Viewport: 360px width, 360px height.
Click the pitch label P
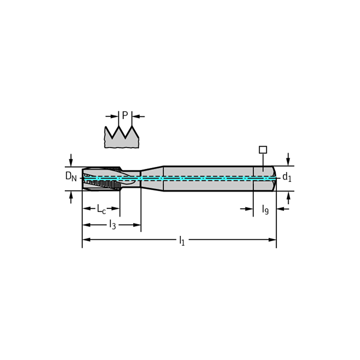pyautogui.click(x=125, y=115)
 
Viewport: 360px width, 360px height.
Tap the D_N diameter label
pyautogui.click(x=71, y=176)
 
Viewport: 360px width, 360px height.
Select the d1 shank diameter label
pyautogui.click(x=287, y=177)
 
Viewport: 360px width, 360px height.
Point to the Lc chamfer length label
pyautogui.click(x=101, y=209)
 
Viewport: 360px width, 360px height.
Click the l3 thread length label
pyautogui.click(x=112, y=225)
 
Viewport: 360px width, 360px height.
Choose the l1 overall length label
pyautogui.click(x=182, y=240)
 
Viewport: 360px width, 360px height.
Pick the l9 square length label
pyautogui.click(x=265, y=210)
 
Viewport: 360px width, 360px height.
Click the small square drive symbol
pyautogui.click(x=263, y=150)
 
